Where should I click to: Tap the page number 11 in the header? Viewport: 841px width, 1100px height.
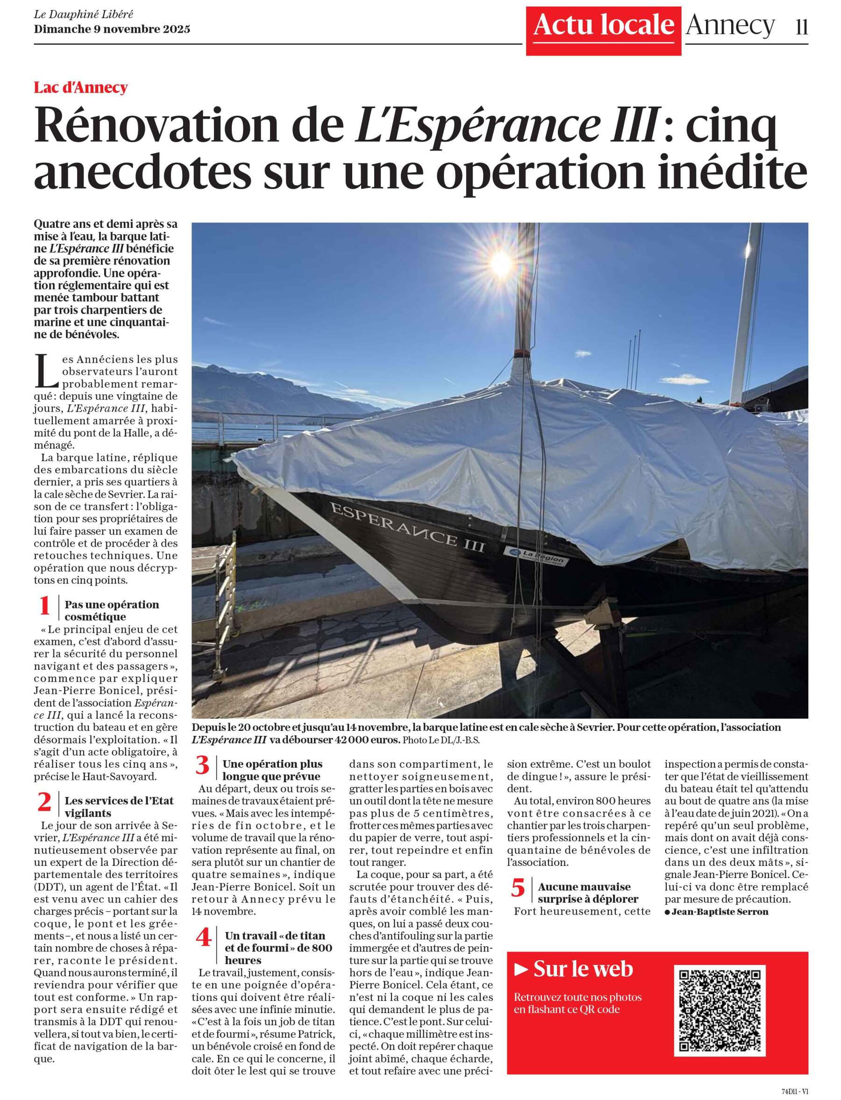[x=801, y=27]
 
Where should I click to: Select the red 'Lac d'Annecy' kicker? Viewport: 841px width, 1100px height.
[x=80, y=88]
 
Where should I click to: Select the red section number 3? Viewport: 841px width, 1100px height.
[x=202, y=765]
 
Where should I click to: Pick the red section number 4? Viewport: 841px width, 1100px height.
[x=203, y=937]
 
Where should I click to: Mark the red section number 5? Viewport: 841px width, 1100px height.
[x=518, y=888]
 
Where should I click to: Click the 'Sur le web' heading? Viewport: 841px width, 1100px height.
[x=583, y=969]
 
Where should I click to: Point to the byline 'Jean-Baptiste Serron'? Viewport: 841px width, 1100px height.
[x=720, y=912]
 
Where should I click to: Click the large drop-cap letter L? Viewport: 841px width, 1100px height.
[x=46, y=371]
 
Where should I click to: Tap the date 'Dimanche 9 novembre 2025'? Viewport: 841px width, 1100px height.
[x=112, y=29]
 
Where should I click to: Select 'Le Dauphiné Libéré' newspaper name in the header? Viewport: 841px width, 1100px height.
[x=84, y=14]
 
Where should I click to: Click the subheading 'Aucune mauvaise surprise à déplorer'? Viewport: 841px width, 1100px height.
[x=587, y=893]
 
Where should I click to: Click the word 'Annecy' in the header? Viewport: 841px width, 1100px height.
[x=730, y=25]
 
